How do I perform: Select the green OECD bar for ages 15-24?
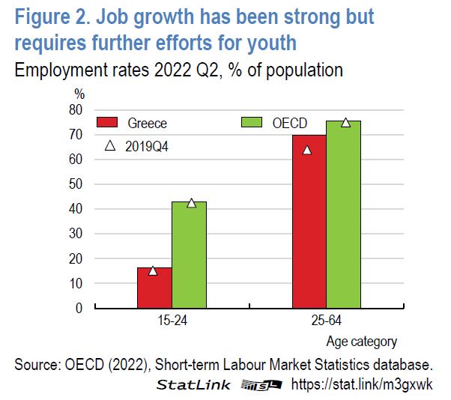(x=189, y=255)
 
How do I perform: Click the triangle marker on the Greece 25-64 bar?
(x=306, y=150)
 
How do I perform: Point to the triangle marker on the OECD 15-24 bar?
(x=191, y=203)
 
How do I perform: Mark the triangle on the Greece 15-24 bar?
(x=153, y=270)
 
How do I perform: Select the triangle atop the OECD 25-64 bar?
(x=345, y=123)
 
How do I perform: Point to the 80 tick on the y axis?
(x=75, y=110)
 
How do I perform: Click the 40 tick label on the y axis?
(x=75, y=209)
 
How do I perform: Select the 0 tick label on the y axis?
(x=78, y=308)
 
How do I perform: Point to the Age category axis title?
(x=361, y=342)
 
